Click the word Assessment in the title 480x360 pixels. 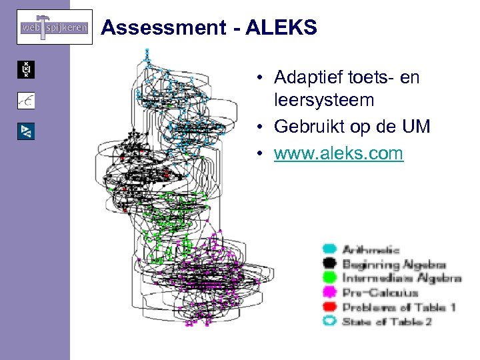click(x=163, y=28)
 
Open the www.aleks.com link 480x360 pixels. click(x=338, y=153)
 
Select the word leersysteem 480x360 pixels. click(x=323, y=101)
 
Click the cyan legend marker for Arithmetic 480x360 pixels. click(x=329, y=250)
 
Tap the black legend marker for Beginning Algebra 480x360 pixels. click(x=329, y=265)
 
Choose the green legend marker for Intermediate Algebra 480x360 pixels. click(x=329, y=279)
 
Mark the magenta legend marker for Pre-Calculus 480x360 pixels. click(x=329, y=293)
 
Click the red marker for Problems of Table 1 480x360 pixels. click(x=329, y=307)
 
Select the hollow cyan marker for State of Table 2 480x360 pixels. click(x=329, y=321)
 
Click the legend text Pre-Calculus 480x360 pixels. click(x=379, y=293)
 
